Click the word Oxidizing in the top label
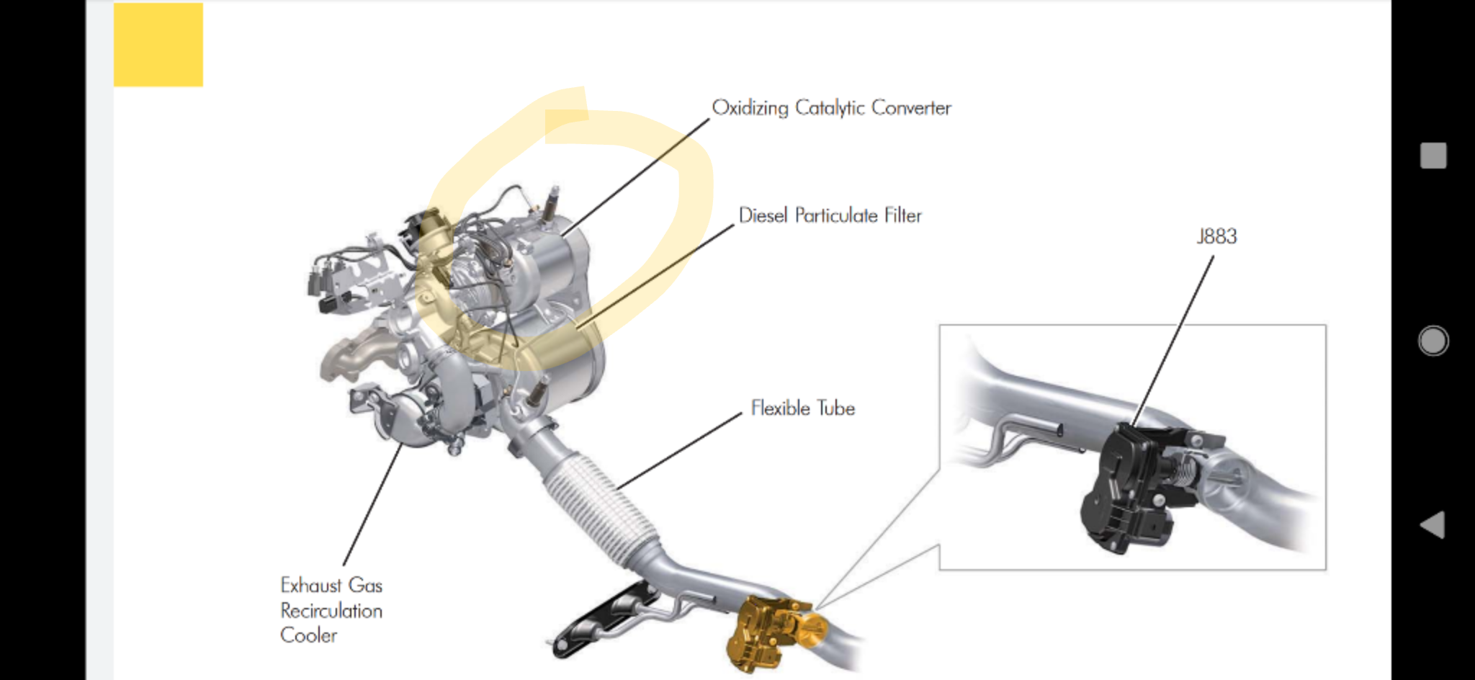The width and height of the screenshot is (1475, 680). (750, 108)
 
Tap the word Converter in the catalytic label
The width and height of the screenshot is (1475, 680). (911, 107)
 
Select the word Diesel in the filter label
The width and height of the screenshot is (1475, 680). (763, 215)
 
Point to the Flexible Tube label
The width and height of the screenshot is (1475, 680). (802, 408)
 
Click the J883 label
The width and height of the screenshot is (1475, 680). (1216, 236)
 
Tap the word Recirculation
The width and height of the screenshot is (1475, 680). (331, 610)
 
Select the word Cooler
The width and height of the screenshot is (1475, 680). (308, 635)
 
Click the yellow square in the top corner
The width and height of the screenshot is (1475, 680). (158, 45)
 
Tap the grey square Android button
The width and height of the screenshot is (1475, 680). (1433, 156)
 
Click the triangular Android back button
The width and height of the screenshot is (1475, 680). (1433, 524)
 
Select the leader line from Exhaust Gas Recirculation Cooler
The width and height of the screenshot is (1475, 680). (373, 504)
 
